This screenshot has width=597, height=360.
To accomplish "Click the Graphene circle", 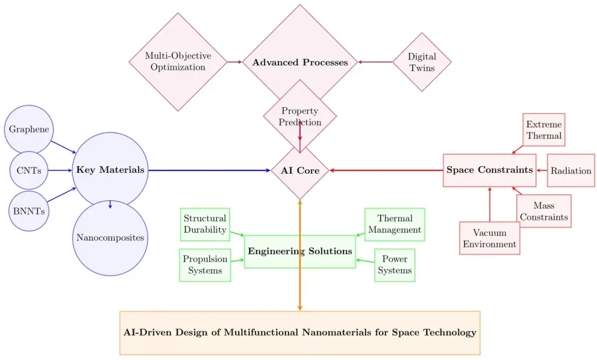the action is point(29,130).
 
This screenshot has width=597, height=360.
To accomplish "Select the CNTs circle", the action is point(29,170).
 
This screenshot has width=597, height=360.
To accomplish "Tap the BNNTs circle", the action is point(29,211).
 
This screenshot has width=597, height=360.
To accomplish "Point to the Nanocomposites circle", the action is point(110,237).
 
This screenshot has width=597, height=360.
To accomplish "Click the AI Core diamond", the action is point(300,170).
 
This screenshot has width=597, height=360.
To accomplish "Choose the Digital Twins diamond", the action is point(422,62).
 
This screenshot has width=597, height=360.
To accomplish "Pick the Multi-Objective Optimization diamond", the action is point(178,62).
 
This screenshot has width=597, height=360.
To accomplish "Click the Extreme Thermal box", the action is point(544,130).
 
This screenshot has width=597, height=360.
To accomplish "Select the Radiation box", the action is point(571,170).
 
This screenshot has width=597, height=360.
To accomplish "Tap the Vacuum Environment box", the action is point(490,238).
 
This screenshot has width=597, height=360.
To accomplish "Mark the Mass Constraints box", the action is point(544,211).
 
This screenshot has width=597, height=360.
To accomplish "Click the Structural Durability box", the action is point(205,225).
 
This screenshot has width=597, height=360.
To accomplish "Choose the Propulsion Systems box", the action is point(205,265).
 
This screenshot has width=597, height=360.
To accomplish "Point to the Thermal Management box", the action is point(395,225).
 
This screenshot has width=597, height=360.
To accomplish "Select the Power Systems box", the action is point(395,265).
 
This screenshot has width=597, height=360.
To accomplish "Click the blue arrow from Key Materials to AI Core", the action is point(209,170).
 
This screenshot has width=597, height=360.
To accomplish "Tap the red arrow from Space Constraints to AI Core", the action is point(387,170).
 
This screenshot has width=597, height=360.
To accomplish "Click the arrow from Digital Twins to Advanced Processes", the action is point(375,62).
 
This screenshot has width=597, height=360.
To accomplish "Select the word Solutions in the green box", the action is point(331,251).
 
